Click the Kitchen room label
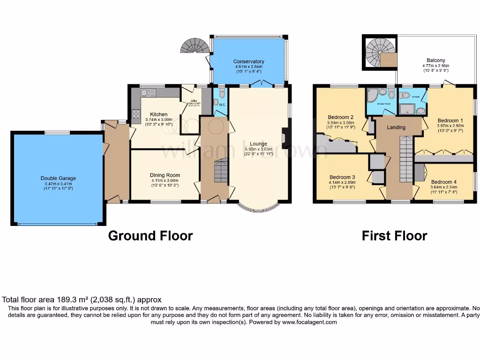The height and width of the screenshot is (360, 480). [x=158, y=114]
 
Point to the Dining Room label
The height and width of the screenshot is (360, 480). [x=165, y=175]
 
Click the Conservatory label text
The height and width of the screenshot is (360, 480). [x=248, y=61]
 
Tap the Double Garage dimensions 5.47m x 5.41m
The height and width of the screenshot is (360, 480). [x=58, y=183]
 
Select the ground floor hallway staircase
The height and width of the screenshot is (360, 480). [x=220, y=171]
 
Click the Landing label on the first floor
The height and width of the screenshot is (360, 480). [x=396, y=127]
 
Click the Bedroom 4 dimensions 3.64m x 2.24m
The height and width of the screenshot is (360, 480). [x=443, y=187]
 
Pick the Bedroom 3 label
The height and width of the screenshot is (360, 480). [x=342, y=177]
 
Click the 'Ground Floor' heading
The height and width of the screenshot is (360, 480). [x=150, y=235]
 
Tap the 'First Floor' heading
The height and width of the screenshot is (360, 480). [x=394, y=235]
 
